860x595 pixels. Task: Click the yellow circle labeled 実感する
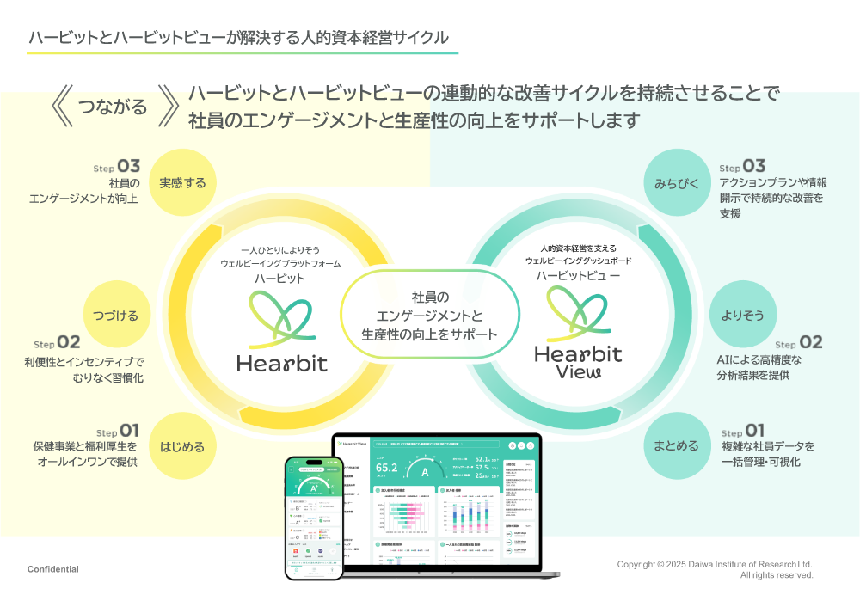pyautogui.click(x=182, y=182)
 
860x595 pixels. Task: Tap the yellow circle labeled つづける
pyautogui.click(x=116, y=315)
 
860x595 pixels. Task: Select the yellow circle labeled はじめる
pyautogui.click(x=182, y=446)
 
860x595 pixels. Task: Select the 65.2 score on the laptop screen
pyautogui.click(x=387, y=468)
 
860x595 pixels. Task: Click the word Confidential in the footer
pyautogui.click(x=53, y=569)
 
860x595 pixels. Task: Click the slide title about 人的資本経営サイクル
pyautogui.click(x=238, y=37)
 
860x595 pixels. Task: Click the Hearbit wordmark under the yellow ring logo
pyautogui.click(x=282, y=363)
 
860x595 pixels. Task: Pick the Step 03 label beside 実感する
pyautogui.click(x=117, y=166)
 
